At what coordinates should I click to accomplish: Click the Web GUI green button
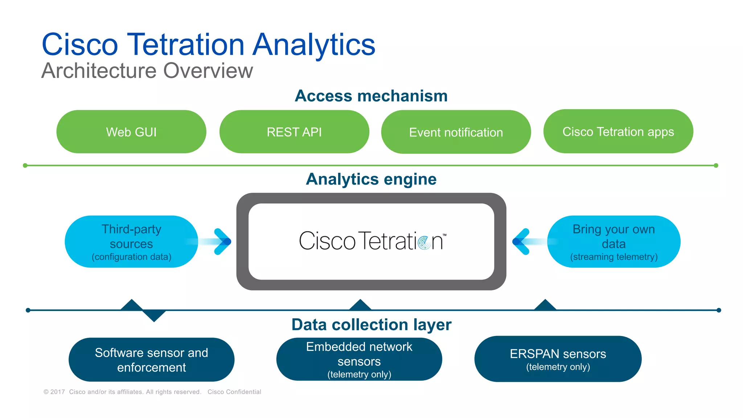(x=131, y=132)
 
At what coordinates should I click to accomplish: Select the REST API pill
(x=294, y=132)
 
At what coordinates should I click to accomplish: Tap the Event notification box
(x=456, y=132)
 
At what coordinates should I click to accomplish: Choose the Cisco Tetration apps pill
(x=618, y=131)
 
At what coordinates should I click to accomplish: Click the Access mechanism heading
(x=371, y=96)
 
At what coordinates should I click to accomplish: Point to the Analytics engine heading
(x=371, y=179)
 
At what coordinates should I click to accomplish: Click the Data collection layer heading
(x=371, y=325)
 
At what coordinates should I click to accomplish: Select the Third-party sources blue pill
(x=131, y=242)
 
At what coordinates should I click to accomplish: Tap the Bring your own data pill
(x=614, y=242)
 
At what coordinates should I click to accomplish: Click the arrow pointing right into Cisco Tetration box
(x=222, y=242)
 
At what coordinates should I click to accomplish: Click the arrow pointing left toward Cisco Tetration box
(x=522, y=242)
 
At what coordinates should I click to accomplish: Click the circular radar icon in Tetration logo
(x=424, y=242)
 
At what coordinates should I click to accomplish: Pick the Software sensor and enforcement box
(x=151, y=360)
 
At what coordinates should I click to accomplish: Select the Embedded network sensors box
(x=359, y=359)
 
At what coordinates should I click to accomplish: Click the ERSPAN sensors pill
(x=558, y=359)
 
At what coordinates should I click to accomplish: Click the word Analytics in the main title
(x=314, y=45)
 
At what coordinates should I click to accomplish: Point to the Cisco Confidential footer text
(x=234, y=392)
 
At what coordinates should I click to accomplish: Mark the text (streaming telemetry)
(x=614, y=257)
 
